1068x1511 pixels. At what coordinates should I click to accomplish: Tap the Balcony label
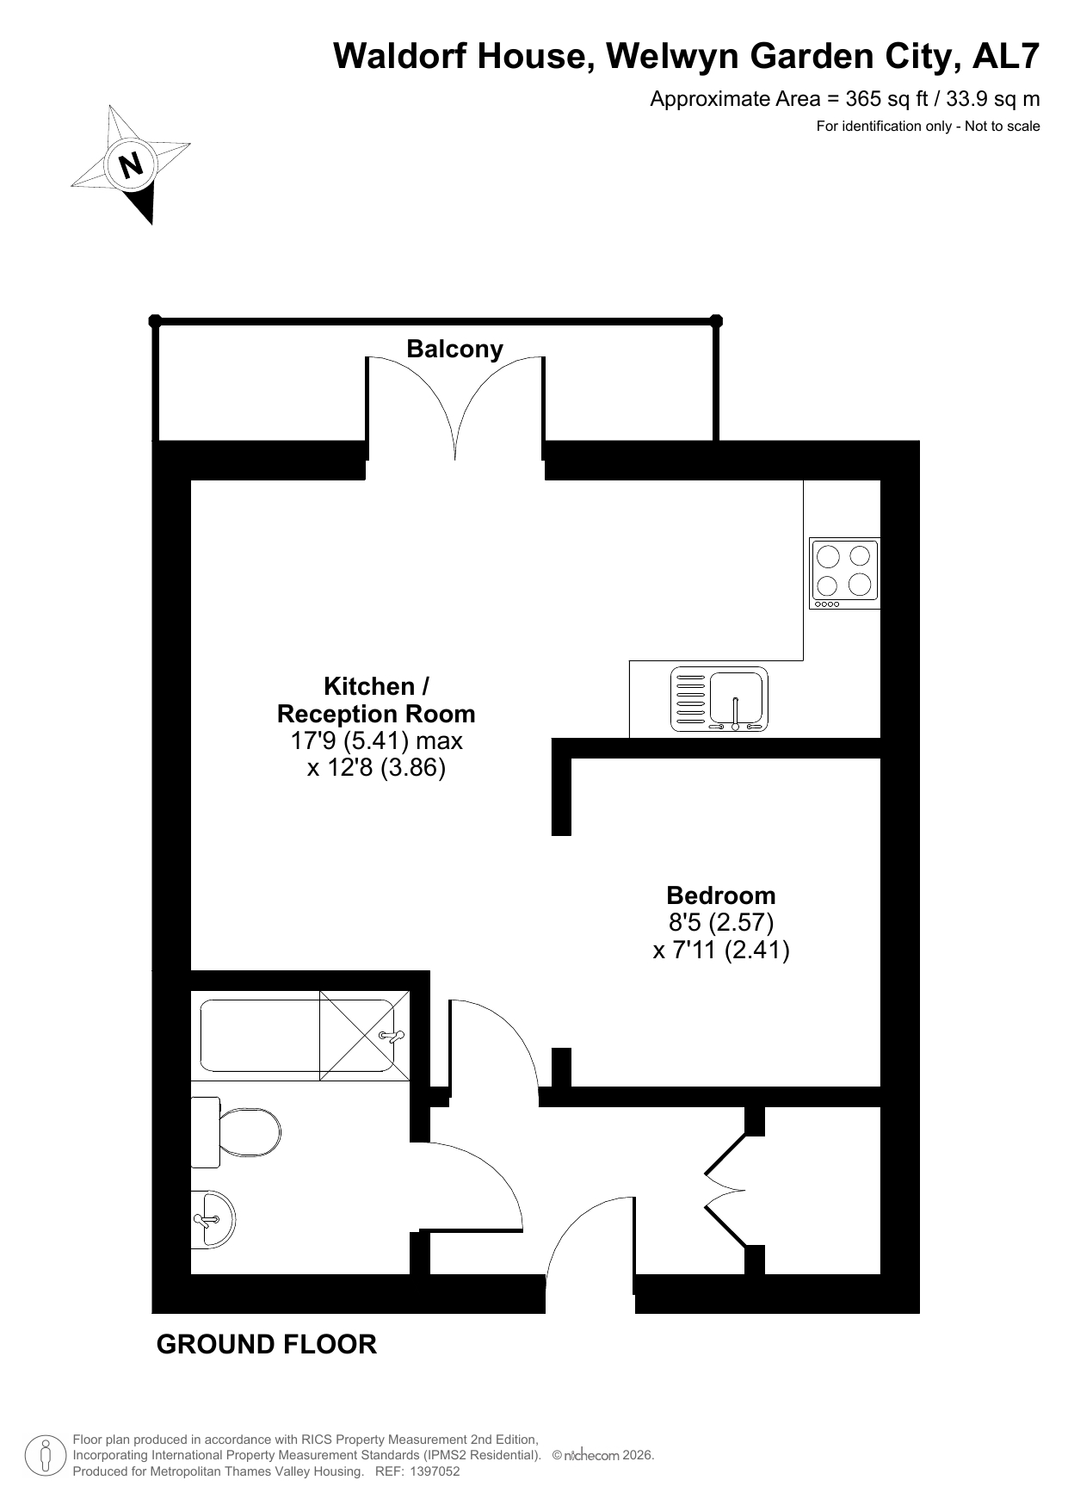454,349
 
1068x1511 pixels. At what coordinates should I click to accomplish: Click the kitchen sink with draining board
719,699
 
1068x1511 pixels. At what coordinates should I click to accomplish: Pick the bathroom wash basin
212,1219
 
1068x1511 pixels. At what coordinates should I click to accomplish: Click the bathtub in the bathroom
298,1035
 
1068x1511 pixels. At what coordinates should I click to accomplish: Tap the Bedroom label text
721,895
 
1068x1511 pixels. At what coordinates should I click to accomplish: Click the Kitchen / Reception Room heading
376,700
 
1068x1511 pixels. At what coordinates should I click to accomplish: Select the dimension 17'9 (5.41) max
376,740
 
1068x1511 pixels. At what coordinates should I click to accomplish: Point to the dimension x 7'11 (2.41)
721,951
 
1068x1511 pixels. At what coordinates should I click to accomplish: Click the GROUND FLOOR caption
267,1344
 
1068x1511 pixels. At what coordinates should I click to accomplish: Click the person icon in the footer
46,1456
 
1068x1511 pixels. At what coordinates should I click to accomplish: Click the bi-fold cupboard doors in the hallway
725,1190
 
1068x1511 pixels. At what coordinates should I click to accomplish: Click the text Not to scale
1003,127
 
